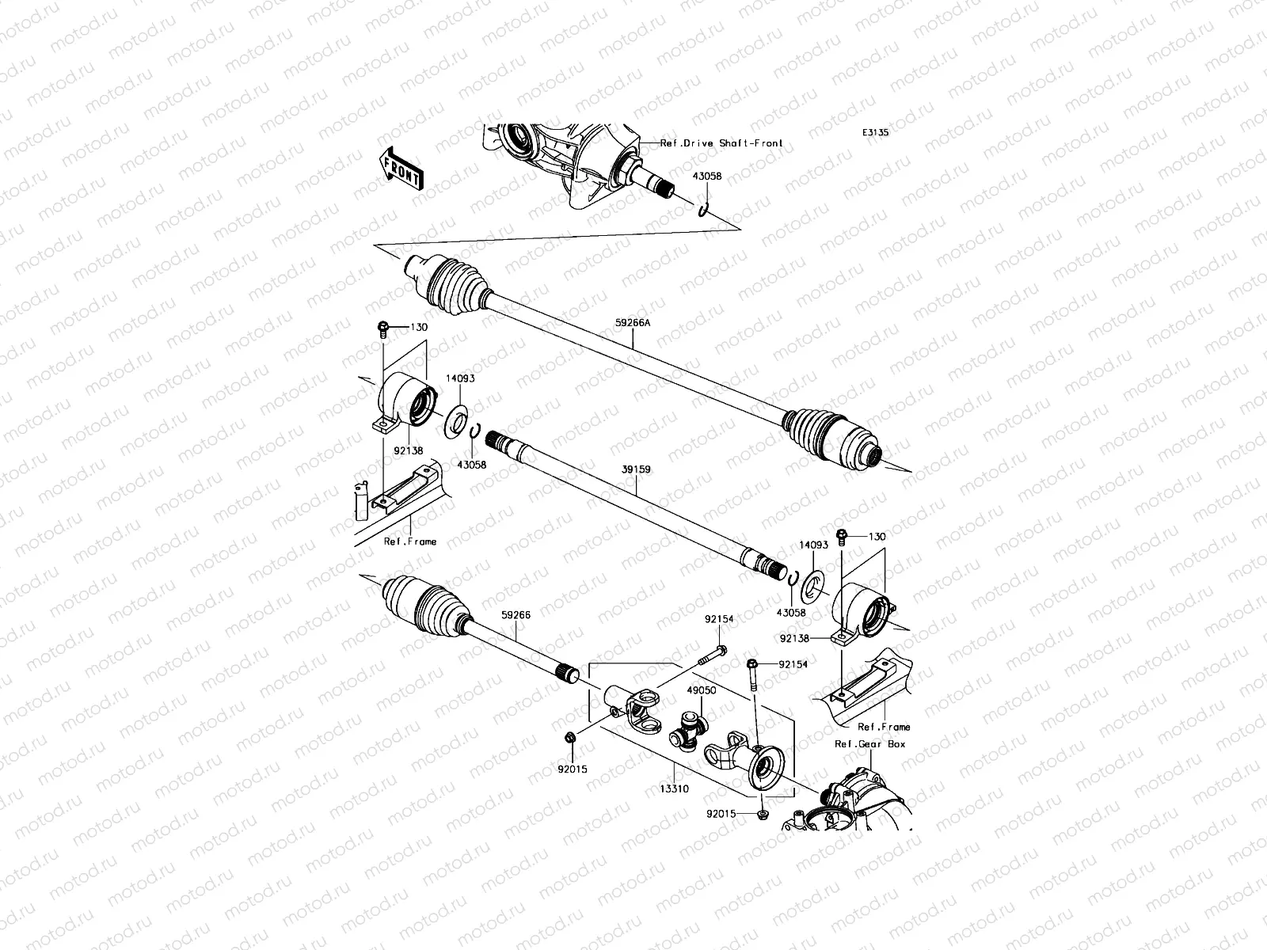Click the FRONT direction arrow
coord(401,169)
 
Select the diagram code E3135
coord(875,133)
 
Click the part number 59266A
coord(633,323)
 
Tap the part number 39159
coord(636,469)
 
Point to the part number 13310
coord(674,788)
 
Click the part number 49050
coord(702,690)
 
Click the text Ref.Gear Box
coord(869,744)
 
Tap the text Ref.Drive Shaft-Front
coord(721,143)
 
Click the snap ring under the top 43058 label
coord(703,211)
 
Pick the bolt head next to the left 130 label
coord(382,329)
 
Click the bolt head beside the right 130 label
coord(842,537)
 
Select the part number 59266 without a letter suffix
coord(516,615)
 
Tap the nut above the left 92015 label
coord(569,737)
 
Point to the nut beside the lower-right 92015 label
coord(763,815)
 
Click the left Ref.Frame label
coord(410,541)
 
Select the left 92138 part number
coord(408,451)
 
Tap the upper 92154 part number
coord(719,619)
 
